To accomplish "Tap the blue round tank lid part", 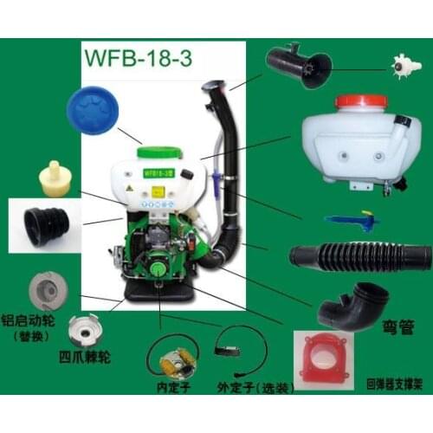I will tap(94, 106).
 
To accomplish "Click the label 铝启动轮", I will tap(34, 320).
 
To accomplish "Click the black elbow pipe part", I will tap(347, 304).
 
